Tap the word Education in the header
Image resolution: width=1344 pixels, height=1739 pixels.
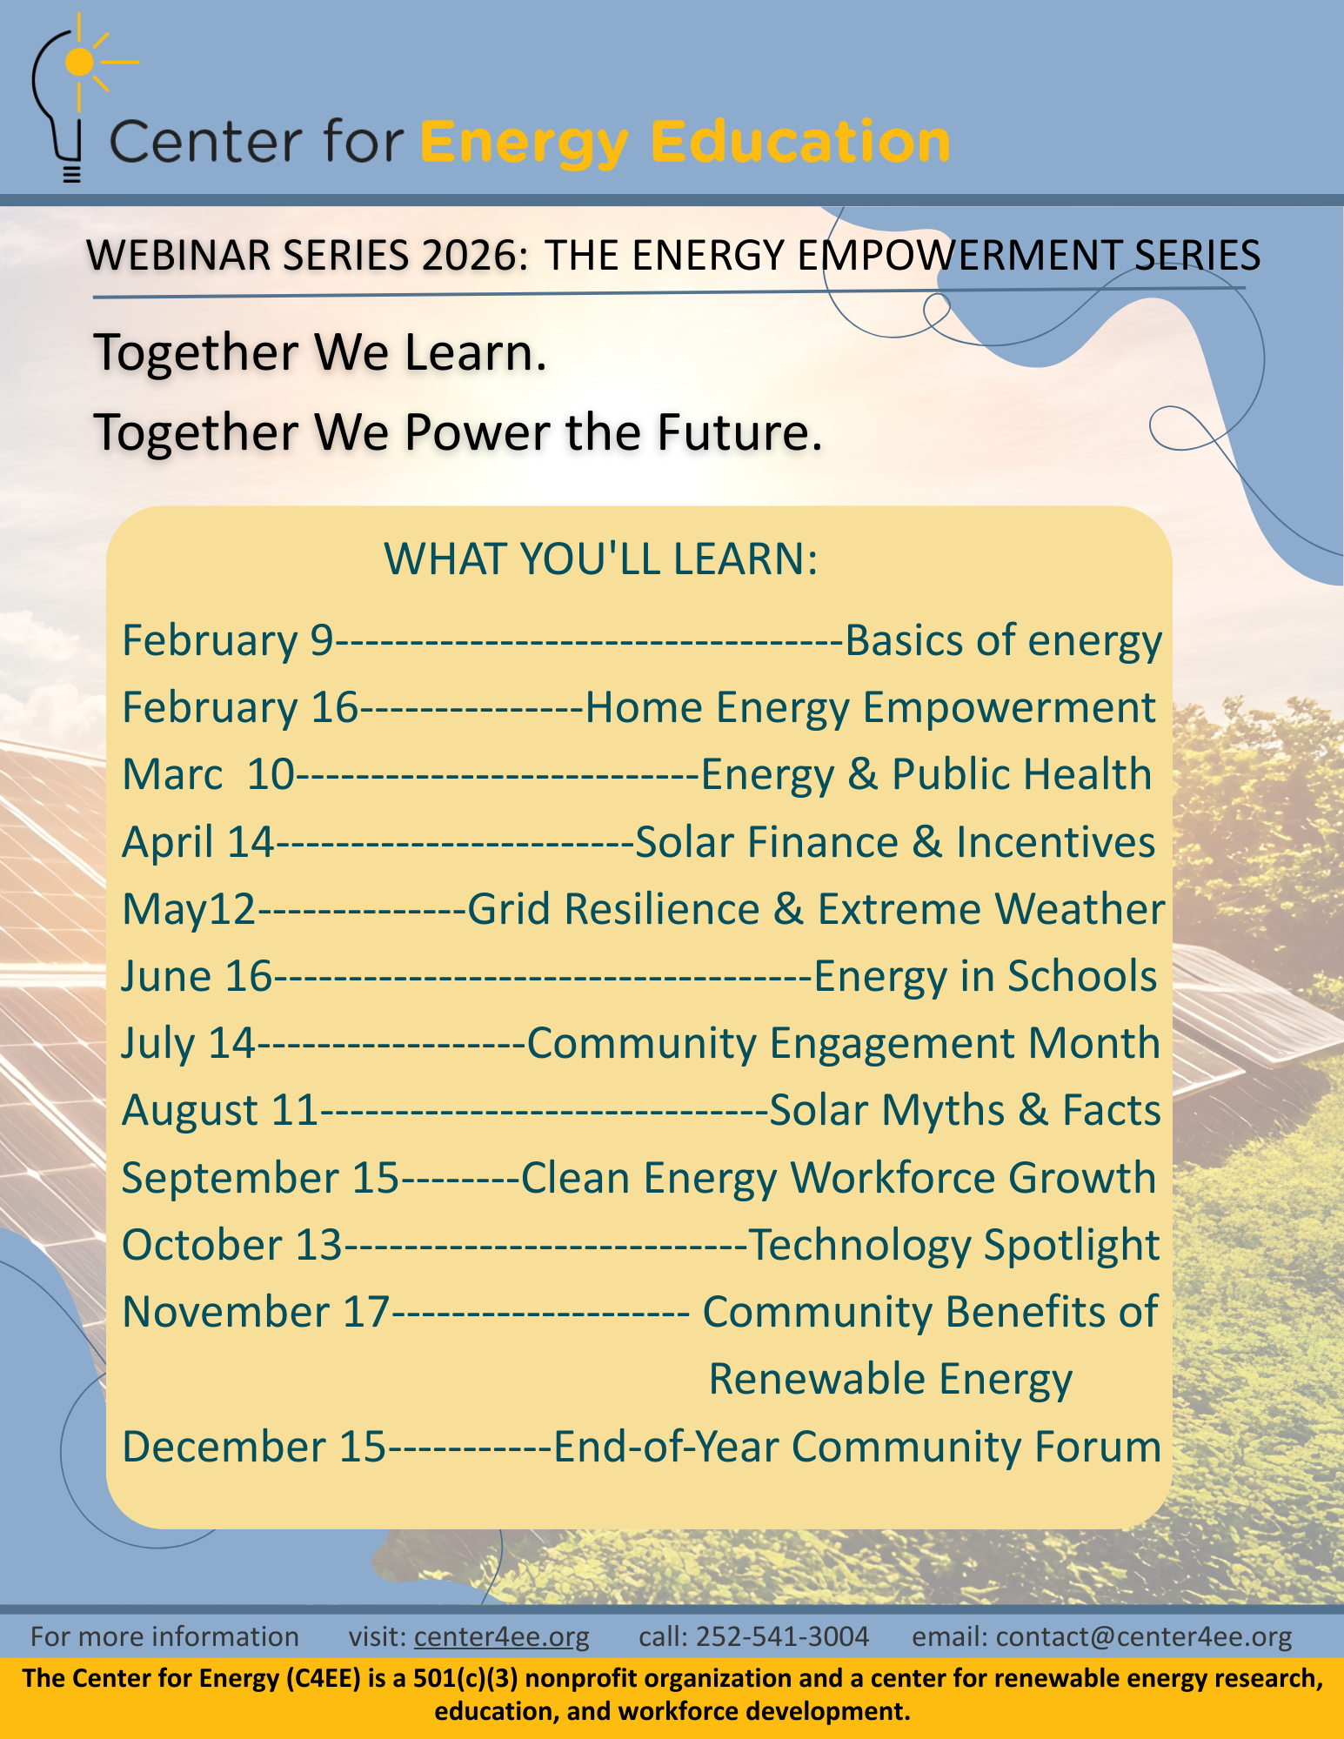(800, 142)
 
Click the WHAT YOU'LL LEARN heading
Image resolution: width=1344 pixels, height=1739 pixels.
(601, 558)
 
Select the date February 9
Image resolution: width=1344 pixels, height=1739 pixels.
(228, 641)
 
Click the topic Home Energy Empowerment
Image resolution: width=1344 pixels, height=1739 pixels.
(871, 708)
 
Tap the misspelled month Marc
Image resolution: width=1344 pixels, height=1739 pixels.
(172, 774)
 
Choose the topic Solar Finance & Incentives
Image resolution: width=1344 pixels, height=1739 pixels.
(896, 842)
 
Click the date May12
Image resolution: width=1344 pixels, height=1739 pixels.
(189, 910)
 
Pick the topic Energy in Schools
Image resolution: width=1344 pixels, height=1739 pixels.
(986, 976)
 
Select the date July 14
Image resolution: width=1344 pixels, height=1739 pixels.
(188, 1043)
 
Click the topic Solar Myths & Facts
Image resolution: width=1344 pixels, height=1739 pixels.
(966, 1110)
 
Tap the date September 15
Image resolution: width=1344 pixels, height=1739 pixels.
(260, 1178)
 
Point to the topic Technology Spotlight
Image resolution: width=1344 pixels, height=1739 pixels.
(954, 1245)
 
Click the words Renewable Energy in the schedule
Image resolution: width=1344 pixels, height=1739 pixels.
(891, 1380)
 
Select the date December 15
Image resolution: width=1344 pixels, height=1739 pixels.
(254, 1447)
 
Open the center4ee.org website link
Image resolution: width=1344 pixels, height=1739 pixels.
(502, 1636)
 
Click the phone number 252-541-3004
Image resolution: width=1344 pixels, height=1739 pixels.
(783, 1636)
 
